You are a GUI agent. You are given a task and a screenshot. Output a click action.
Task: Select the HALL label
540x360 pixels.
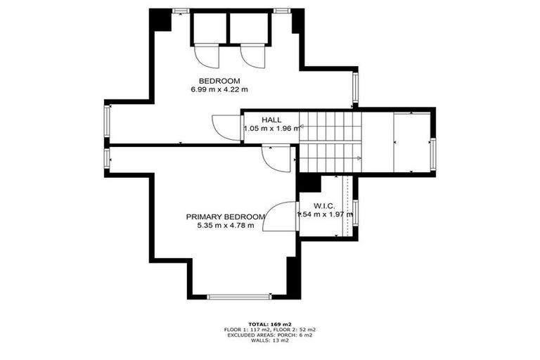tap(271, 120)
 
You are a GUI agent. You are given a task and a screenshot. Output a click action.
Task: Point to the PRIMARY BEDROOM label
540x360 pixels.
tap(226, 217)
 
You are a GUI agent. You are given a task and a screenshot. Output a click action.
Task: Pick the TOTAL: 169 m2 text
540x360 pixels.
tap(271, 323)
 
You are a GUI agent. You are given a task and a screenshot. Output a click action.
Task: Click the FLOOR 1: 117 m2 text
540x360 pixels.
tap(247, 329)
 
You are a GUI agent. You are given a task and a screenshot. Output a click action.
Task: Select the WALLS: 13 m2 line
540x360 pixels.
tap(271, 342)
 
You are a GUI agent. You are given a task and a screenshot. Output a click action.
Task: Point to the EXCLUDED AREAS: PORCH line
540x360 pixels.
tap(271, 335)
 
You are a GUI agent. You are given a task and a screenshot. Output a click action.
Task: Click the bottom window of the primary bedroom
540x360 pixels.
tap(238, 297)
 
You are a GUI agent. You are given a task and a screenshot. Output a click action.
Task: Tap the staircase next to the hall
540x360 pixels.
tap(330, 141)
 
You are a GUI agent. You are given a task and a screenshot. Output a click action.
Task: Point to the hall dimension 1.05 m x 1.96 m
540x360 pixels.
tap(271, 129)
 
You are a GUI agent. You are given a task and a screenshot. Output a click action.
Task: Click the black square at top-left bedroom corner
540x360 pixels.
tap(162, 20)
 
